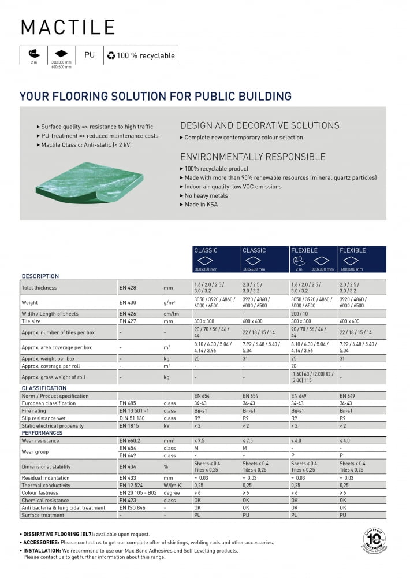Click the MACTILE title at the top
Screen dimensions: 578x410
click(x=68, y=27)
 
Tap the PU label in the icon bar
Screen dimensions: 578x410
click(x=90, y=55)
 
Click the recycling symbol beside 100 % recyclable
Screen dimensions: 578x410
click(x=111, y=55)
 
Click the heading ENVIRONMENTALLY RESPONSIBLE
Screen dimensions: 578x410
click(x=253, y=157)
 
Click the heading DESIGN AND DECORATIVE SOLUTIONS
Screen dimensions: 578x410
click(x=260, y=125)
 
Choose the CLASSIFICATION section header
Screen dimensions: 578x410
click(x=44, y=388)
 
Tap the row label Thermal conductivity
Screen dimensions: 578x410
click(x=46, y=486)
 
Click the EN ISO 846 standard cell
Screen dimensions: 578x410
click(x=132, y=507)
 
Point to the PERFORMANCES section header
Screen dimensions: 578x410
click(x=42, y=432)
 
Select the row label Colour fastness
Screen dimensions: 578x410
click(x=40, y=493)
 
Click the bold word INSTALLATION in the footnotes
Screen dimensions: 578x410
click(x=41, y=551)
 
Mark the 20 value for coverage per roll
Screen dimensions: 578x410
click(x=294, y=366)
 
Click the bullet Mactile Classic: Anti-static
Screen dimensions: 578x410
click(x=86, y=145)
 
